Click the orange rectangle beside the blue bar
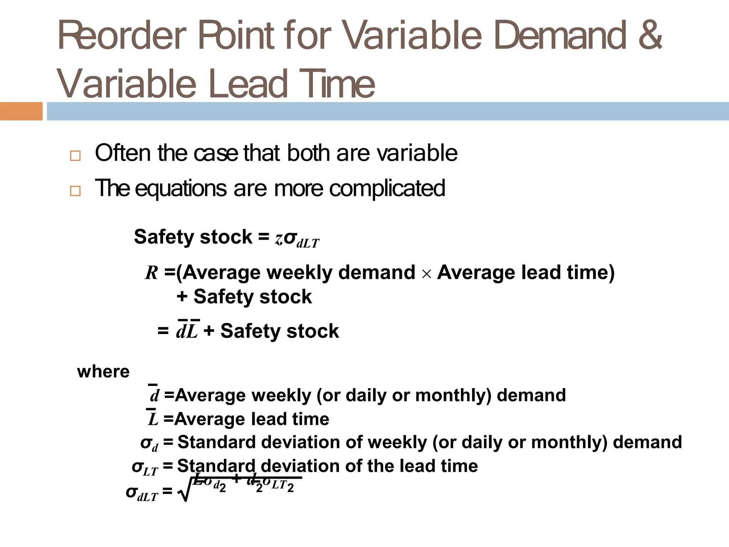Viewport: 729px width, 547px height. [x=21, y=111]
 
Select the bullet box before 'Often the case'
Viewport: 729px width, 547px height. [x=75, y=156]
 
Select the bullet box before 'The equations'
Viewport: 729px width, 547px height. [x=75, y=191]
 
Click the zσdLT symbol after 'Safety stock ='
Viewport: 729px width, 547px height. [x=297, y=239]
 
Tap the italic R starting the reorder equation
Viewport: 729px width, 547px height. [x=152, y=273]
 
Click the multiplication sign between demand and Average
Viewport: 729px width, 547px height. [x=426, y=274]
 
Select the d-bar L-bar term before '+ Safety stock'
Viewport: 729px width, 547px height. [x=187, y=330]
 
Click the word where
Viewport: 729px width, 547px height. [x=103, y=372]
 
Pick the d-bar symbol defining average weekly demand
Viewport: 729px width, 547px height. [x=154, y=394]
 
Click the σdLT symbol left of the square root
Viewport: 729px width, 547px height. [x=142, y=493]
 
